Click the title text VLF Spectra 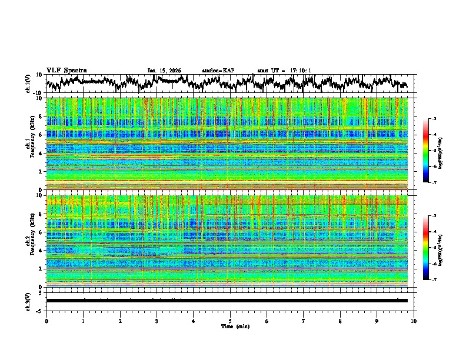(x=66, y=70)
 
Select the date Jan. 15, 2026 (x=164, y=71)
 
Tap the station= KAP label (x=218, y=71)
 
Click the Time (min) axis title (x=235, y=326)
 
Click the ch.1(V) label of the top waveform (x=28, y=84)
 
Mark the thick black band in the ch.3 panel (x=227, y=301)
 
